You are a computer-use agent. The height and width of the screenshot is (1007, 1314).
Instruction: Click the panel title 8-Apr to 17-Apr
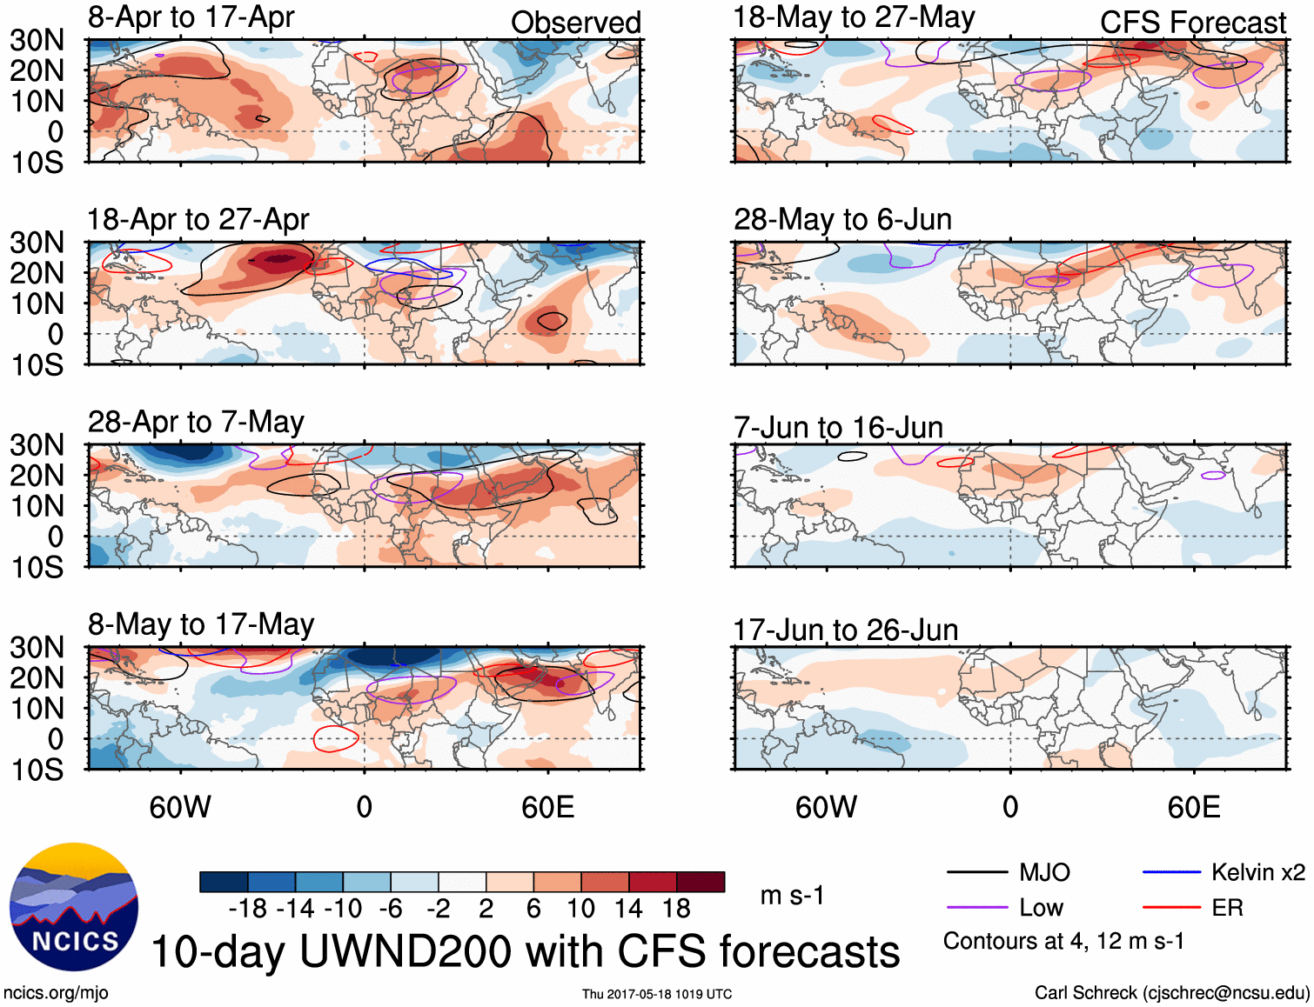[191, 18]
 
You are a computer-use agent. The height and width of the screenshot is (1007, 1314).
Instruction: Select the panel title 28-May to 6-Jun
[842, 219]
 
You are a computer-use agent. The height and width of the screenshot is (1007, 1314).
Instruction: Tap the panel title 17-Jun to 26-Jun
[845, 630]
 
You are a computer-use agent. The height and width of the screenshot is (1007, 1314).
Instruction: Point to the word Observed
[575, 23]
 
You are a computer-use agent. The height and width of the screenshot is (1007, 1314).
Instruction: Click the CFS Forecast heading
[1192, 23]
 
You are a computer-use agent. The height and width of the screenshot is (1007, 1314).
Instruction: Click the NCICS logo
[74, 907]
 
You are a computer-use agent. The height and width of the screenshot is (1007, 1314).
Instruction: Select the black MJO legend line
[976, 872]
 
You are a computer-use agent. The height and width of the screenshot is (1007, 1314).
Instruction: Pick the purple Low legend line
[976, 908]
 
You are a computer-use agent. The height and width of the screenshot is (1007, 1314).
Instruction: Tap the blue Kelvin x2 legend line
[1171, 872]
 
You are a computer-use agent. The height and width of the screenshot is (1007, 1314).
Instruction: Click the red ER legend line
[1171, 908]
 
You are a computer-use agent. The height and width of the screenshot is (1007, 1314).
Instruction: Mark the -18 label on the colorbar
[248, 909]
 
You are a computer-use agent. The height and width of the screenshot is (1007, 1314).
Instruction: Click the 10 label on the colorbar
[580, 909]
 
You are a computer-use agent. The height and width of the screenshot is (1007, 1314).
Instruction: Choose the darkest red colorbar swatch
[701, 882]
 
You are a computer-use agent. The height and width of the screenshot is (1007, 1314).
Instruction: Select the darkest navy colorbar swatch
[224, 882]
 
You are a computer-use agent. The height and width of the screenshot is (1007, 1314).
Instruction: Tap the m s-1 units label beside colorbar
[792, 896]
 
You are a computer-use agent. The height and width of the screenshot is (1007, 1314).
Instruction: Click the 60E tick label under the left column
[547, 808]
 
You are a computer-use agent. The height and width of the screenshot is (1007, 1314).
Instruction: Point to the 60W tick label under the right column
[826, 808]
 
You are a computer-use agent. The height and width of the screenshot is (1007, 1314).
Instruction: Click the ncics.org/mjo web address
[56, 993]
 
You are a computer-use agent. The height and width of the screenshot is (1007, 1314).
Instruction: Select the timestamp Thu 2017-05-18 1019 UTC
[657, 994]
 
